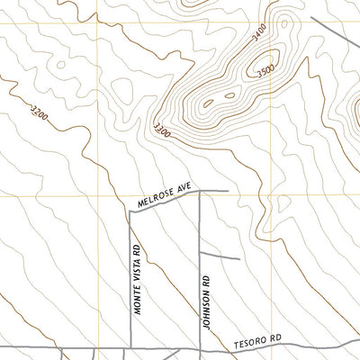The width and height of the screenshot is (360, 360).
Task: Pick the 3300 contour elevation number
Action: pos(163,130)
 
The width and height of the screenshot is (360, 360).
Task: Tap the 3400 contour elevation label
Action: pos(259,37)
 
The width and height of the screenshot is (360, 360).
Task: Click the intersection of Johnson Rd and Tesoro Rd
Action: pos(199,348)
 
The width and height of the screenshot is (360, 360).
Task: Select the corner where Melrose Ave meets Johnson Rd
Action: pos(199,192)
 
